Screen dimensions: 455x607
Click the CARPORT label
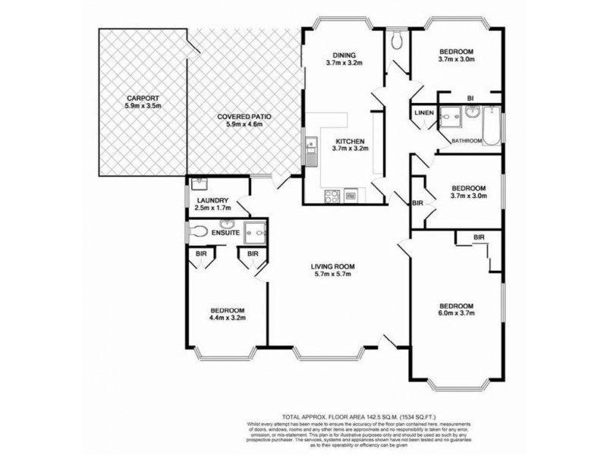(x=143, y=99)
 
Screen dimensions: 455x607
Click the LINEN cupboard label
(x=423, y=113)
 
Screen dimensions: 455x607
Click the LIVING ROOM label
(x=333, y=266)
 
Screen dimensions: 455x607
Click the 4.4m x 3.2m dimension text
(x=228, y=319)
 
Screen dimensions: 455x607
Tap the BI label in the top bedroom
(x=470, y=99)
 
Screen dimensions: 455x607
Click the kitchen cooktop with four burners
(x=332, y=196)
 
